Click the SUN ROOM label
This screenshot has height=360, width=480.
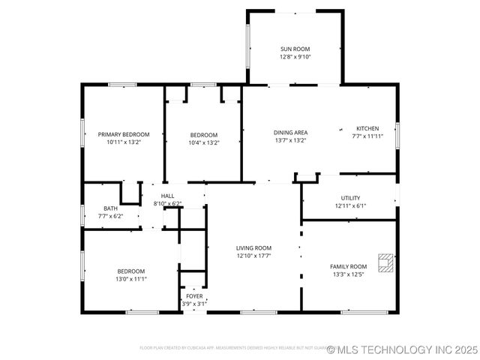(295, 49)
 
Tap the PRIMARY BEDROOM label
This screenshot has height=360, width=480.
(124, 134)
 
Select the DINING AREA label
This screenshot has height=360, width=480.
(290, 133)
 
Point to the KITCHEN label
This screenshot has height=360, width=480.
(367, 129)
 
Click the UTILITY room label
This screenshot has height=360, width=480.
(350, 198)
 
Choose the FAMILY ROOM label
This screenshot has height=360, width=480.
(349, 266)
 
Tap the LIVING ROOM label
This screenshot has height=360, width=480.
(253, 248)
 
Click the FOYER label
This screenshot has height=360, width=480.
(193, 296)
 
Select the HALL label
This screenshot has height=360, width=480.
(167, 196)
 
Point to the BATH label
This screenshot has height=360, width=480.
(110, 208)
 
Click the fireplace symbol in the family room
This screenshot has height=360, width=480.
(385, 262)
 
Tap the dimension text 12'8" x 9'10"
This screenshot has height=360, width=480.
(295, 57)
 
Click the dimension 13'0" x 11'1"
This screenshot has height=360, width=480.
(130, 278)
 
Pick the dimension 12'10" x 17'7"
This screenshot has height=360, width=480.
(253, 256)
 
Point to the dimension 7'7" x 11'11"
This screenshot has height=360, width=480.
(367, 136)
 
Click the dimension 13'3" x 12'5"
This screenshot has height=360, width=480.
(349, 274)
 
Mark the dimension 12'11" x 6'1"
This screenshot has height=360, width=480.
(350, 205)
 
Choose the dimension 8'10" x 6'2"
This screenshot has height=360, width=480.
(167, 203)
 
